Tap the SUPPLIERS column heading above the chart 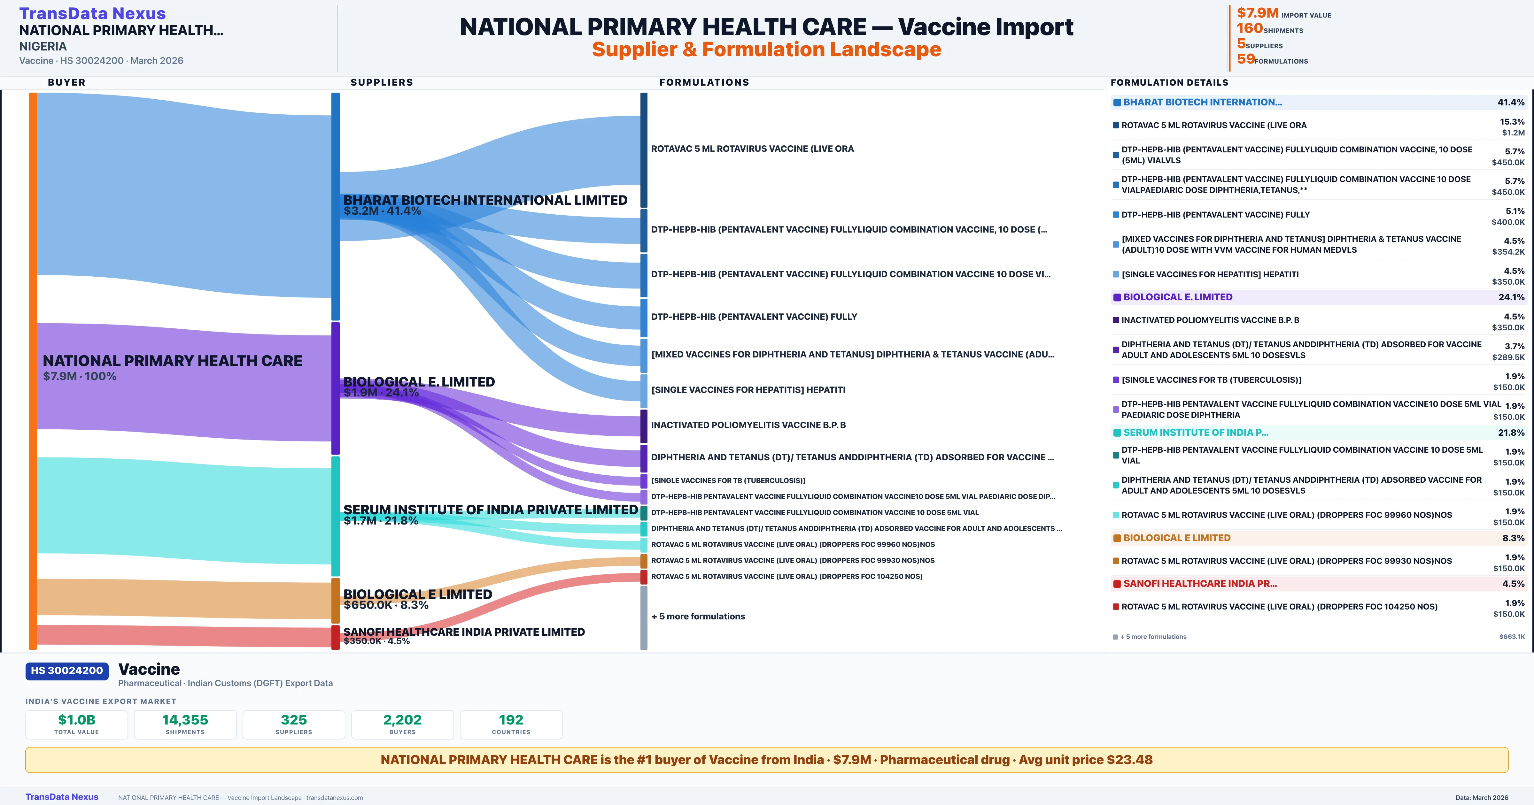382,82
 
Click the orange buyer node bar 33,370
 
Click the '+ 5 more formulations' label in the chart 698,616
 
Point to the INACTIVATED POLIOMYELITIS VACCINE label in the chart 748,425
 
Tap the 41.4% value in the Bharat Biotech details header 1511,103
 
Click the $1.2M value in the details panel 1513,133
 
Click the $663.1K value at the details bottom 1511,637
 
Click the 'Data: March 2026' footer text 1482,797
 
